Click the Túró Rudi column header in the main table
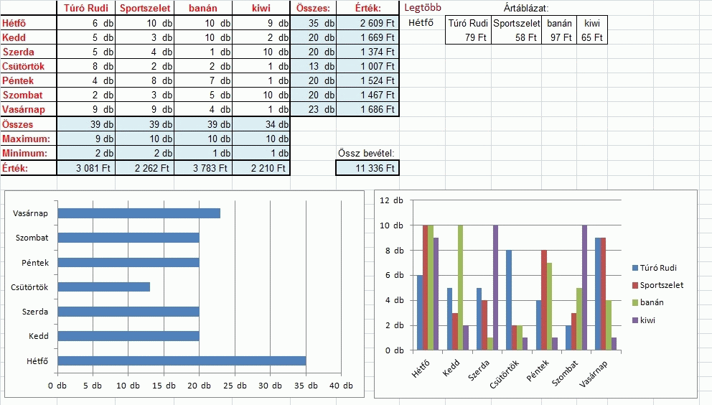click(x=86, y=9)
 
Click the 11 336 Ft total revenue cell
click(x=367, y=168)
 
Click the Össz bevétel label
click(x=366, y=153)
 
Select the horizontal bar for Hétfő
click(x=182, y=360)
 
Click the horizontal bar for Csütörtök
click(x=103, y=287)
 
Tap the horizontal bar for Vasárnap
click(x=139, y=213)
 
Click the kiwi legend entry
click(x=648, y=320)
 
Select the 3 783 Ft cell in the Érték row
click(x=203, y=168)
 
